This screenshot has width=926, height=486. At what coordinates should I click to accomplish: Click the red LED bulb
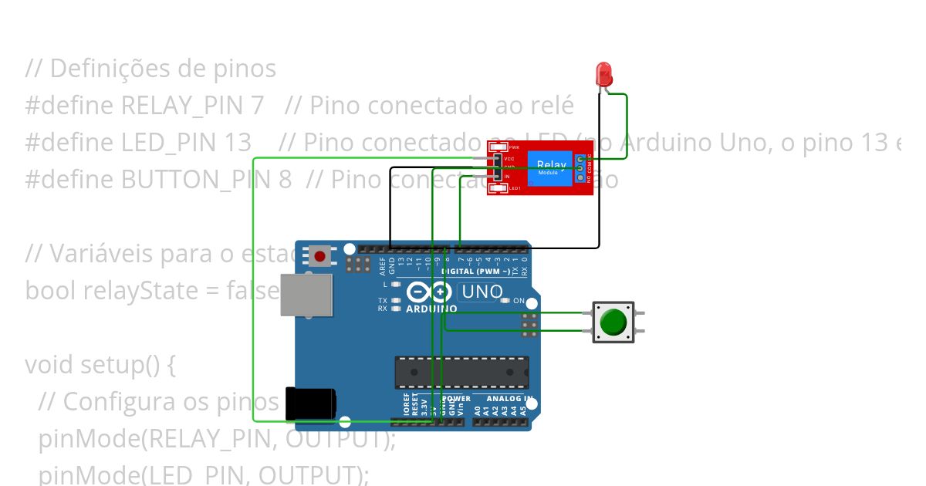tap(603, 74)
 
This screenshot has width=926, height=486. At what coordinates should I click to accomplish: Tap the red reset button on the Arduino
tap(319, 255)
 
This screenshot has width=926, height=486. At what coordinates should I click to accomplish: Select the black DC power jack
tap(310, 403)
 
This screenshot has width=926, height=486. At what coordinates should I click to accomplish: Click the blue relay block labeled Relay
tap(550, 167)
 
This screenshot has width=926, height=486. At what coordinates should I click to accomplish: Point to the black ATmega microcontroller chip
tap(461, 372)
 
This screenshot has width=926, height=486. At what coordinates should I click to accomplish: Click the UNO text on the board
tap(482, 292)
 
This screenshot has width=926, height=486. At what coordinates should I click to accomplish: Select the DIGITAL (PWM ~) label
tap(475, 272)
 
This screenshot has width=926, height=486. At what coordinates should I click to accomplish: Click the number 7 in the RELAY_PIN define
tap(258, 105)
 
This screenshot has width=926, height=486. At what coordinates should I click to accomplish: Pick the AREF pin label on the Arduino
tap(382, 267)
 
